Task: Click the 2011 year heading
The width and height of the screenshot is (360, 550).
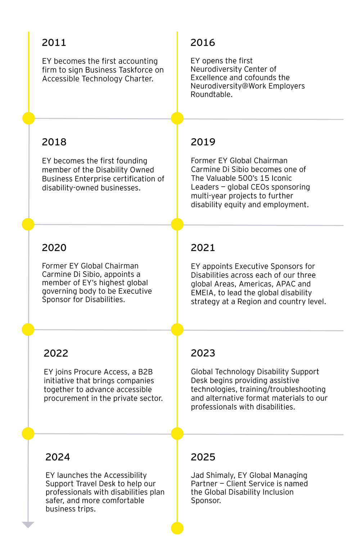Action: point(54,43)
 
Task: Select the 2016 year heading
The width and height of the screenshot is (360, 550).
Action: point(203,43)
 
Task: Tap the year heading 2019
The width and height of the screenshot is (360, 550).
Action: point(203,142)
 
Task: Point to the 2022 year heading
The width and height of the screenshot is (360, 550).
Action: point(56,353)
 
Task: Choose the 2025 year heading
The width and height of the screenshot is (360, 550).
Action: point(203,457)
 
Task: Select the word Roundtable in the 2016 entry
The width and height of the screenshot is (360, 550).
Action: point(212,94)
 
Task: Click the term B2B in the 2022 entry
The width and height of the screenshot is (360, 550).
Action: point(145,372)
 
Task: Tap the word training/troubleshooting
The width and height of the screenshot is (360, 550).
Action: point(283,389)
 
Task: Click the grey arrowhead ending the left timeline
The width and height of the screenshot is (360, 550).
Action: point(28,525)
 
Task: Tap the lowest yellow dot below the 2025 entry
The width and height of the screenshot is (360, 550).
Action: point(177,528)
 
